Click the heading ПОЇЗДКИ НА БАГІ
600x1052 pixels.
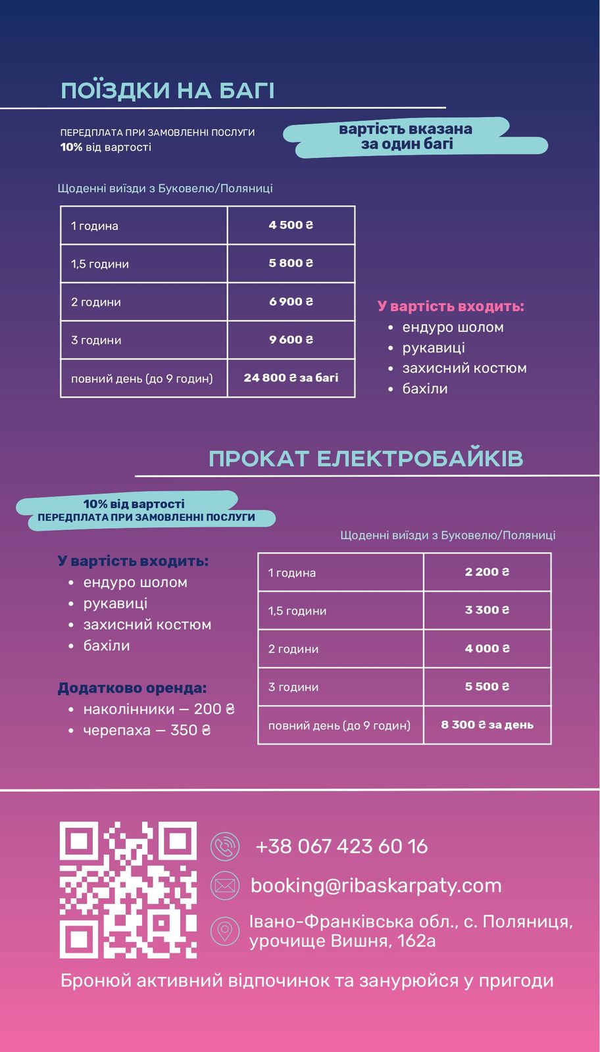167,91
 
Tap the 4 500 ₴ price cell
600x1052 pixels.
291,225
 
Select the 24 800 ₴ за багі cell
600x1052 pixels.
291,378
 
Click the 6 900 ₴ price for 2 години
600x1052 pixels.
291,302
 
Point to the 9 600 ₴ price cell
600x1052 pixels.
291,340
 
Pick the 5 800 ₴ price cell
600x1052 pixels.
291,263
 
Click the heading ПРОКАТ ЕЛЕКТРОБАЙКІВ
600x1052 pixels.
366,458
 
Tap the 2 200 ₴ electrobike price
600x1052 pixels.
487,572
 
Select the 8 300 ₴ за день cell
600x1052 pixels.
487,725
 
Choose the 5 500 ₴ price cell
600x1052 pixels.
487,686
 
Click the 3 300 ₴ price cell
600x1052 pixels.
487,610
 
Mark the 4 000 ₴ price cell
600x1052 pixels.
487,648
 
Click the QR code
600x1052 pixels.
128,889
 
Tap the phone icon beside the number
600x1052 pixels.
225,846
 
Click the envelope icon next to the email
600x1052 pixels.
225,886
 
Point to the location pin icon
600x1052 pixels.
225,931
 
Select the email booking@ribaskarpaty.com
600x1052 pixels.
376,886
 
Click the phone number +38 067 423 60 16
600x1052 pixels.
341,846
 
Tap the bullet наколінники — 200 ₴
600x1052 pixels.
158,709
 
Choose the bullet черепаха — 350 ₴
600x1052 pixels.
146,730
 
